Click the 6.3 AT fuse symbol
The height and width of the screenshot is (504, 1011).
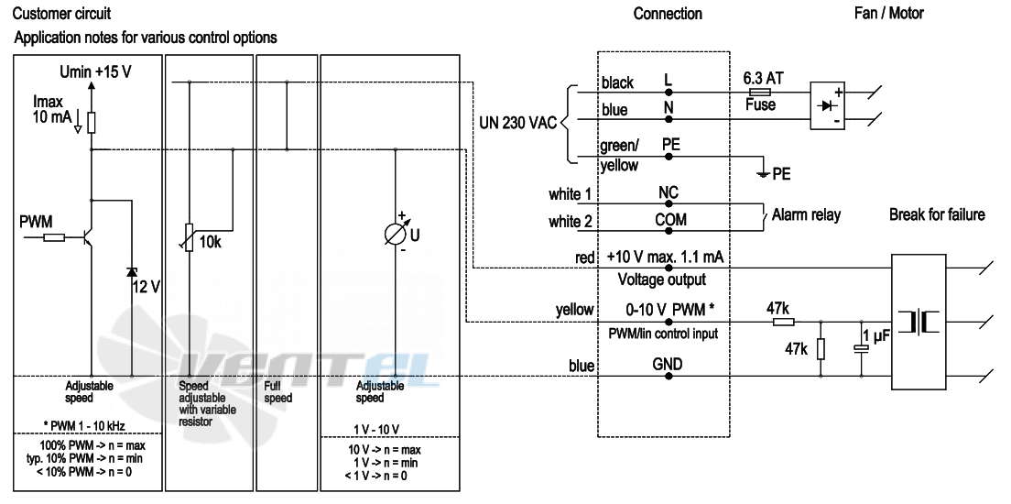[x=761, y=93]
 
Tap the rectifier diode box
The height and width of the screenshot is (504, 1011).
[x=827, y=105]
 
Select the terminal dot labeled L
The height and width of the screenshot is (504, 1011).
[x=669, y=93]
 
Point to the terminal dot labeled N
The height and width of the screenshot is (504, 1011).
[x=669, y=119]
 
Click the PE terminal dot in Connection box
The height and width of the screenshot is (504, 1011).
[x=669, y=156]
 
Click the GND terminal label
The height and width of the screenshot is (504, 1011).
[x=668, y=364]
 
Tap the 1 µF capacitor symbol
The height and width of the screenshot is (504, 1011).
[x=862, y=348]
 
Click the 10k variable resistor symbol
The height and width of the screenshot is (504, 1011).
[x=189, y=236]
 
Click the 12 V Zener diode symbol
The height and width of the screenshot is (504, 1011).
[x=132, y=271]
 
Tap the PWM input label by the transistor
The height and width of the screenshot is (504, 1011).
[x=37, y=224]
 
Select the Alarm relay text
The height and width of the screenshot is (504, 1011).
[x=806, y=215]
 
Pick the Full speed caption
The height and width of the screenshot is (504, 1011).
[x=277, y=392]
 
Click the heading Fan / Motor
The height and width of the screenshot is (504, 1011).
[x=888, y=13]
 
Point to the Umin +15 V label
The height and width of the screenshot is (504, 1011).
[x=95, y=71]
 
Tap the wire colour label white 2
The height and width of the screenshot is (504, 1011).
[x=571, y=222]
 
